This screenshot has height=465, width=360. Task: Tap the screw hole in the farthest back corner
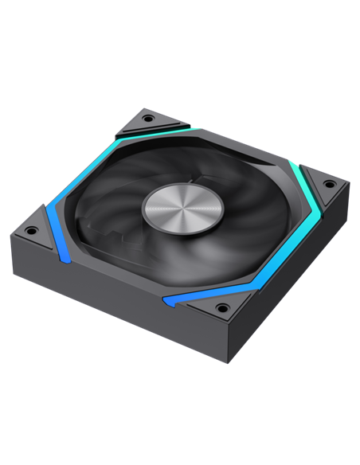(x=148, y=119)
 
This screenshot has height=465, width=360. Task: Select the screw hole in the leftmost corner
(x=31, y=231)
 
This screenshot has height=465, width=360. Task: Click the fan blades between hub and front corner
(x=191, y=255)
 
